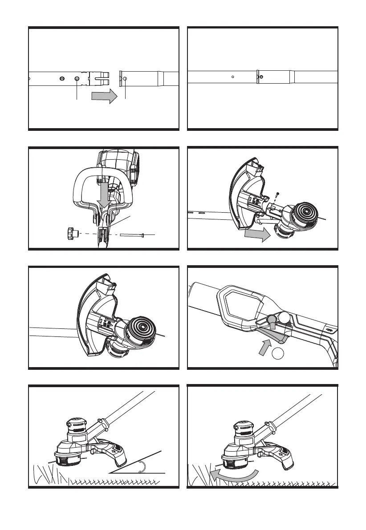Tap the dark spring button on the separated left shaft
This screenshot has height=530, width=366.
tap(77, 79)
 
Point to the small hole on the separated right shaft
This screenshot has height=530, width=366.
tap(125, 79)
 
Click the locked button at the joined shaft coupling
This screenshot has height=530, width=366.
tap(261, 77)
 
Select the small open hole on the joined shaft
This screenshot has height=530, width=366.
tap(233, 77)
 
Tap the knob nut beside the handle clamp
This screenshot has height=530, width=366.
tap(72, 233)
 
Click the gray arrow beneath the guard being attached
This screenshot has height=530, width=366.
tap(257, 234)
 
